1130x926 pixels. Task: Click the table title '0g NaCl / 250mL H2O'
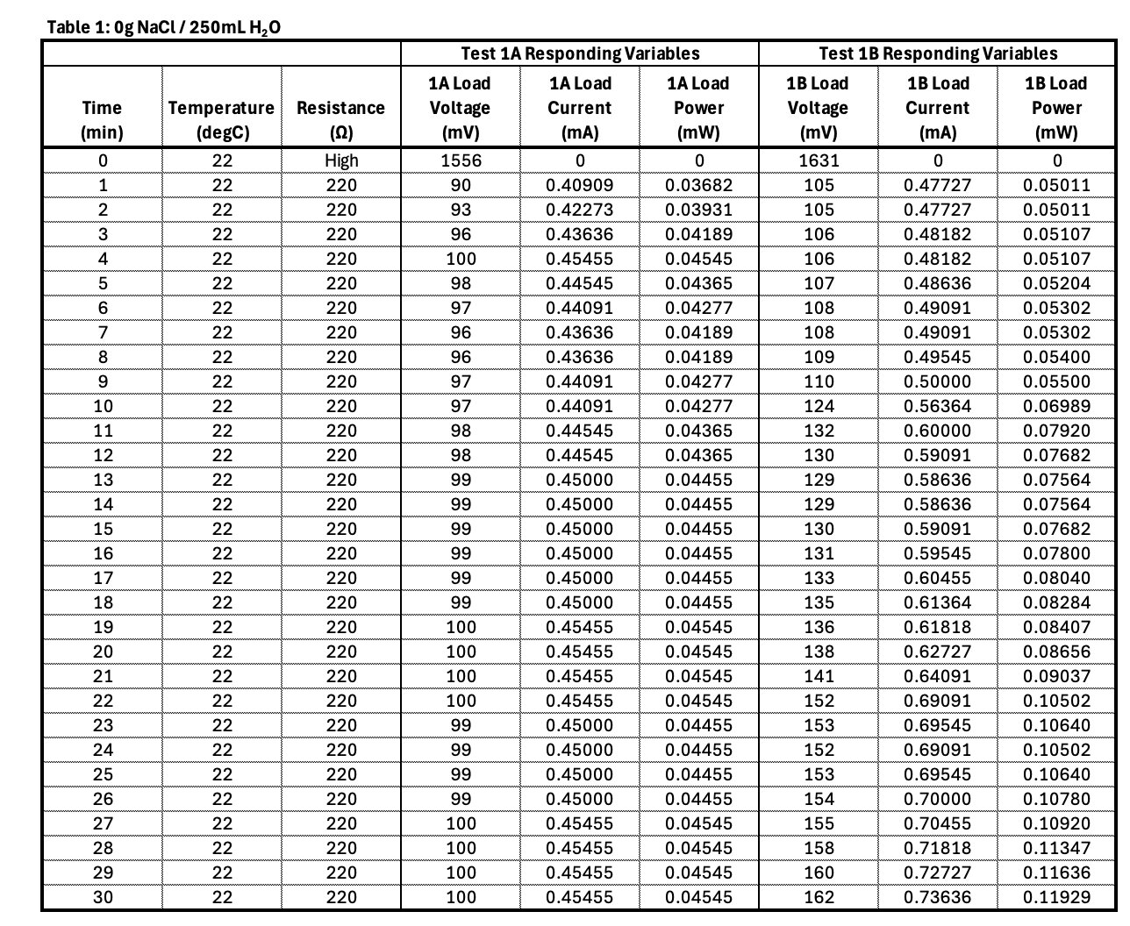click(163, 27)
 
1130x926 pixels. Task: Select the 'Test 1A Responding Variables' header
click(580, 53)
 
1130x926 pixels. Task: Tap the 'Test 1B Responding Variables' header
click(938, 53)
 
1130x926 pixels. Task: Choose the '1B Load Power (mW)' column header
click(1056, 108)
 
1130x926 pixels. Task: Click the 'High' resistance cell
click(340, 160)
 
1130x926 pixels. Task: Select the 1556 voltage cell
click(461, 160)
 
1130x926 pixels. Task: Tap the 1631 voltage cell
click(818, 160)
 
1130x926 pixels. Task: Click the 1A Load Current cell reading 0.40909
click(579, 185)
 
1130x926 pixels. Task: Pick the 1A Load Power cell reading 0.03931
click(698, 210)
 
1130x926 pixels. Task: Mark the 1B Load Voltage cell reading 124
click(818, 406)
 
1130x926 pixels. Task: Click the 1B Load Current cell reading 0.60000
click(937, 431)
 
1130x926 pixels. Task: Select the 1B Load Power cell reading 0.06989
click(1056, 406)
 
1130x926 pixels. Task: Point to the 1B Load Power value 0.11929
click(1056, 897)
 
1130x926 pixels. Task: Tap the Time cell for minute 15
click(103, 529)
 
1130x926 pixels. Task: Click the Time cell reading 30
click(103, 897)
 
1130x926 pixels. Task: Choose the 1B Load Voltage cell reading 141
click(818, 676)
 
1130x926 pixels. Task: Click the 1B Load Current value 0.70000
click(937, 799)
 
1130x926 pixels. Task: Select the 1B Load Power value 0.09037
click(1056, 676)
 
